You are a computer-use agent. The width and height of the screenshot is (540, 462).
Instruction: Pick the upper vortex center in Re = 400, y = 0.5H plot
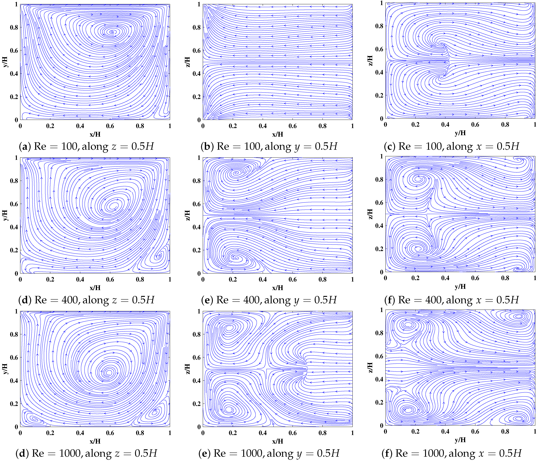pos(237,172)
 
